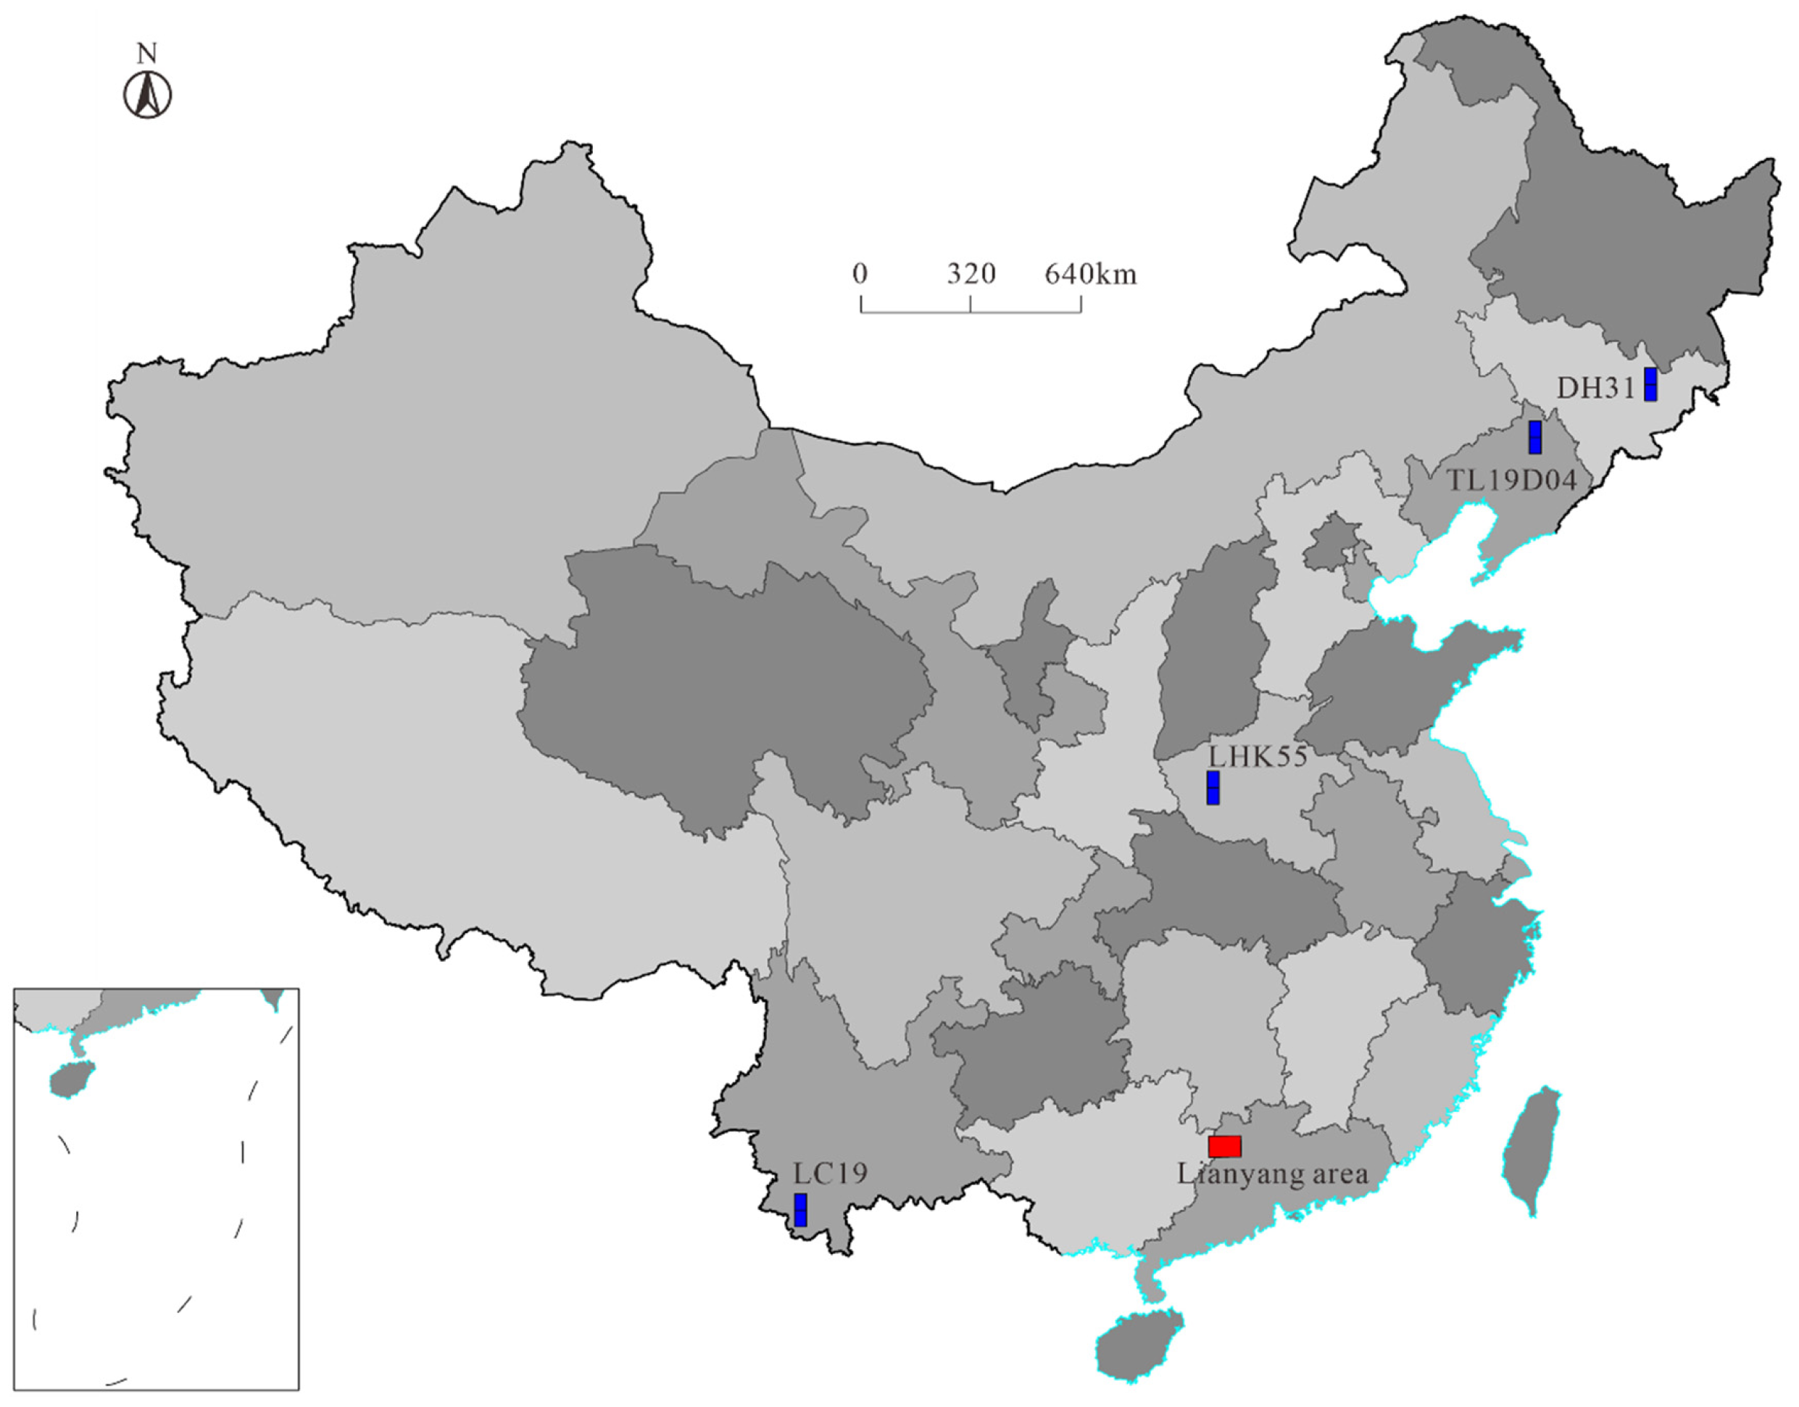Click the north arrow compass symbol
[x=149, y=96]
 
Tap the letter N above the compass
[x=146, y=54]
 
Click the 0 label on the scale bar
[x=860, y=273]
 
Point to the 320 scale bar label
[x=971, y=273]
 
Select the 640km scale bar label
[x=1091, y=273]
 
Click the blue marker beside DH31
[x=1650, y=385]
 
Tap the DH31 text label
[x=1595, y=388]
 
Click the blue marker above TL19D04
[x=1534, y=437]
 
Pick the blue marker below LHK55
[x=1213, y=787]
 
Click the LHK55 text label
[x=1257, y=756]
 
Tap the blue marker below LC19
[x=799, y=1209]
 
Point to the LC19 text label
[x=831, y=1173]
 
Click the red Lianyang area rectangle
[x=1225, y=1146]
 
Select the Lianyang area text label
[x=1273, y=1174]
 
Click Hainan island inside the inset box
[x=72, y=1079]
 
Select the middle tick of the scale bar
[x=971, y=303]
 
